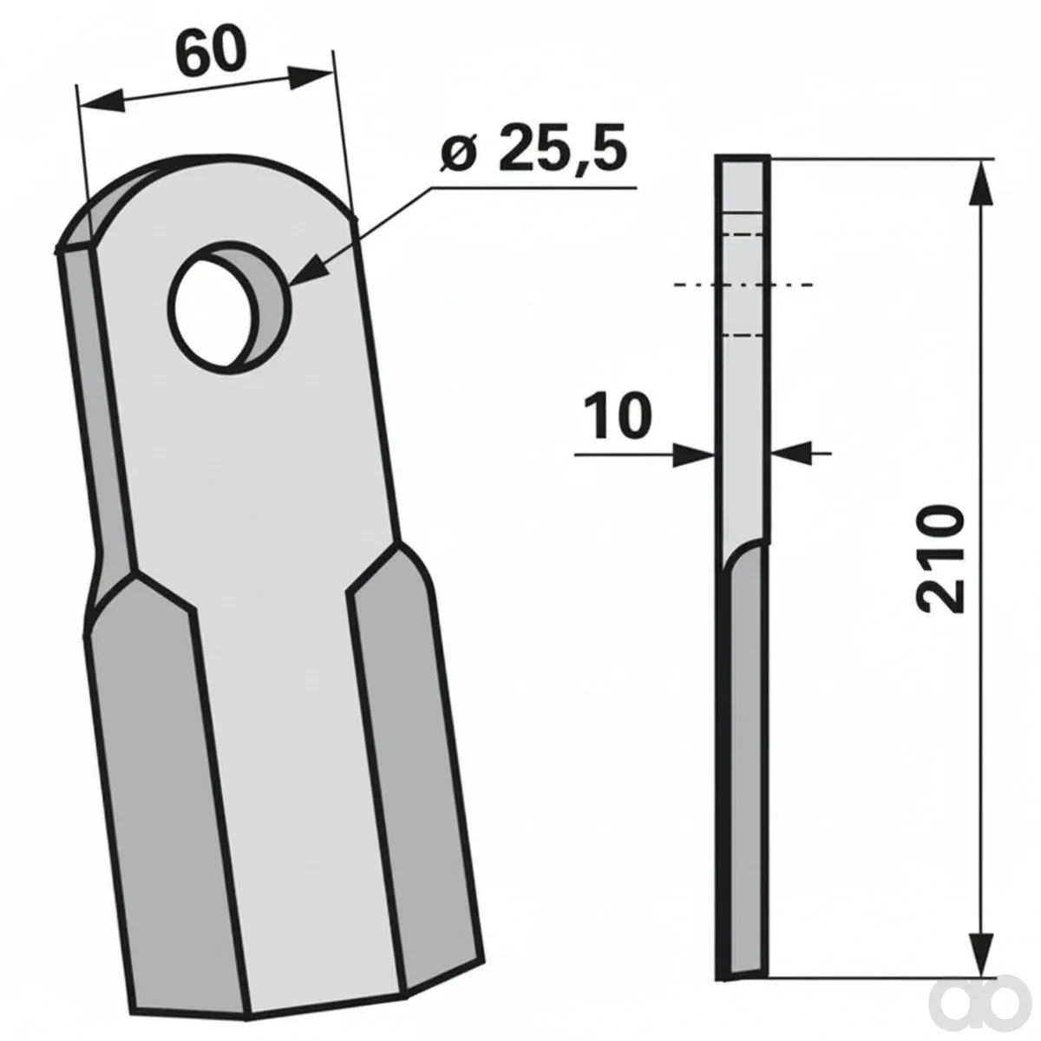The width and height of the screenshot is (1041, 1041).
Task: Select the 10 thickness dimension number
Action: pyautogui.click(x=618, y=416)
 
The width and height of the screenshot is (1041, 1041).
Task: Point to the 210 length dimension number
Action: pyautogui.click(x=941, y=560)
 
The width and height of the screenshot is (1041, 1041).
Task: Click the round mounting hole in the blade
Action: pyautogui.click(x=230, y=306)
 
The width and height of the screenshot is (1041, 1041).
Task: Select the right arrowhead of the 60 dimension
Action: pyautogui.click(x=309, y=76)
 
